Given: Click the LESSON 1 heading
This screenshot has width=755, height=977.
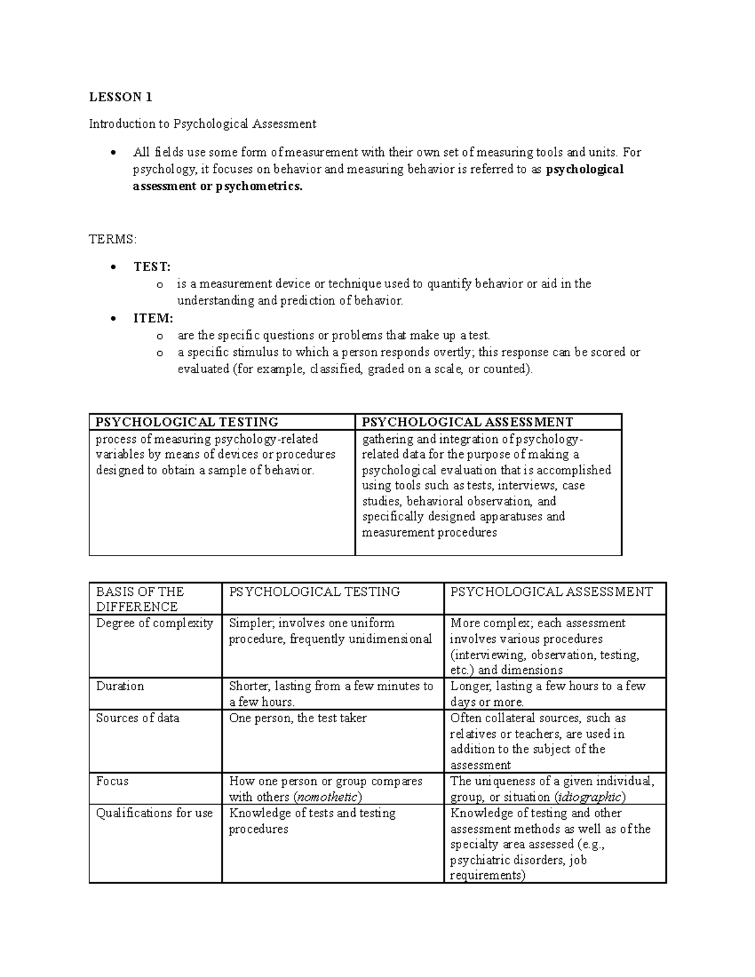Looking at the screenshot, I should (120, 97).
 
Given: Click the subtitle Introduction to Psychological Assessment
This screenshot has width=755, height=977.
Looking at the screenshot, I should (202, 124).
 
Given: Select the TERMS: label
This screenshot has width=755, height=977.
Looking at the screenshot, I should (112, 239).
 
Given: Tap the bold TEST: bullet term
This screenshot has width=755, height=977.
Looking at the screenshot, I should (152, 267).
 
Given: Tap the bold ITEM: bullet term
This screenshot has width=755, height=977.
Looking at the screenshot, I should (153, 318).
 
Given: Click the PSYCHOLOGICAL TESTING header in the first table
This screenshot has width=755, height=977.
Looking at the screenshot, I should (187, 422).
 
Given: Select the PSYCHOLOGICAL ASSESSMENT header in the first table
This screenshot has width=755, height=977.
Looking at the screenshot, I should (467, 422).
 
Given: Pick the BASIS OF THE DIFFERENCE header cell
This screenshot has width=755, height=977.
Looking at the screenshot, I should (140, 599).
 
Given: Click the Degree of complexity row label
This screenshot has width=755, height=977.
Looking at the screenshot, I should (154, 623).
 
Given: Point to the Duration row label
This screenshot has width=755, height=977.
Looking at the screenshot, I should (120, 686).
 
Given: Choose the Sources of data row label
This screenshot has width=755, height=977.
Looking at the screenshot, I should (137, 718).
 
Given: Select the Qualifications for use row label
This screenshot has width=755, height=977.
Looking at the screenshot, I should (154, 813).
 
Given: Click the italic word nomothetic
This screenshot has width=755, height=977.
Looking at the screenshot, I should (328, 798).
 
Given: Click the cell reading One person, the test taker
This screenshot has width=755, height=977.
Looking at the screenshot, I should (298, 718).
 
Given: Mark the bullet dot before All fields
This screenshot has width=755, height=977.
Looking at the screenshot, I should (113, 153).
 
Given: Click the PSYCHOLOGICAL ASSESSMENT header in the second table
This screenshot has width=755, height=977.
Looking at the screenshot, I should (552, 592).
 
